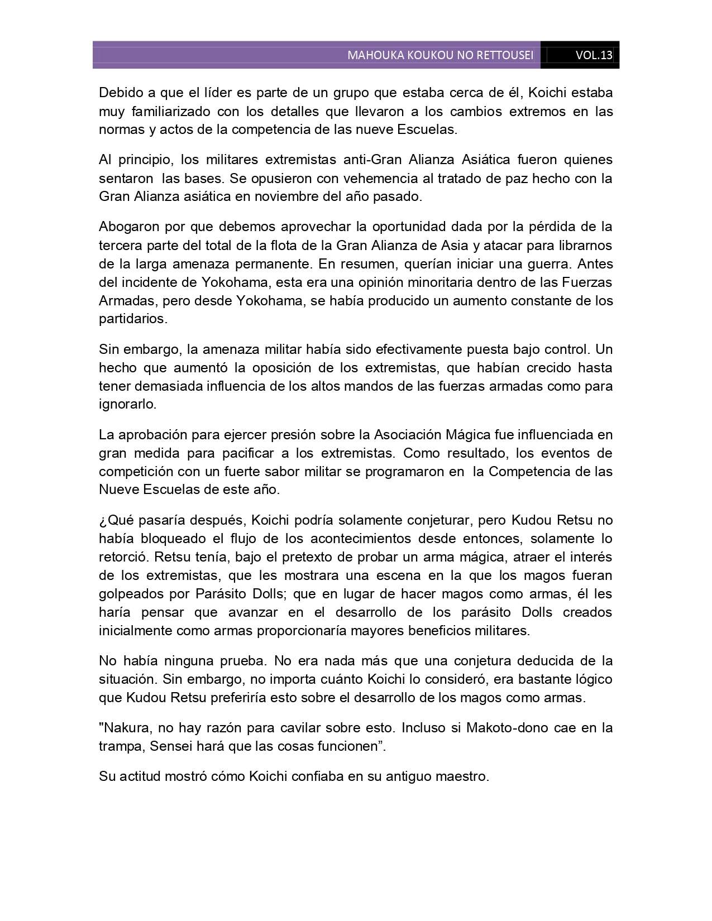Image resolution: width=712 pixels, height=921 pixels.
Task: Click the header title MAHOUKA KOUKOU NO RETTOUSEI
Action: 440,55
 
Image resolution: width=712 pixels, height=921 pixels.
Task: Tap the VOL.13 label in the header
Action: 594,55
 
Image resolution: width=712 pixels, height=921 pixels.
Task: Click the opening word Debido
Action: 118,93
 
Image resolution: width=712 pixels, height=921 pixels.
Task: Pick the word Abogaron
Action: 128,227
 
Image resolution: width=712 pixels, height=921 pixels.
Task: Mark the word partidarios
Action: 132,319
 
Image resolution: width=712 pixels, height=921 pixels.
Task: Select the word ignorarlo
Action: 127,404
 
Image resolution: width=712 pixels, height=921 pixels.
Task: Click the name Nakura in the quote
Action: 124,728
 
